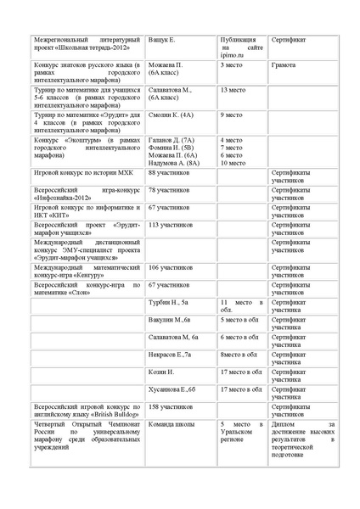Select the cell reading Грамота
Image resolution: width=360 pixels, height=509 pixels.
tap(284, 64)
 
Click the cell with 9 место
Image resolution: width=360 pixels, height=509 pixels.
tap(230, 114)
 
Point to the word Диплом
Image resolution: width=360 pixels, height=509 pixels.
tap(284, 424)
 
